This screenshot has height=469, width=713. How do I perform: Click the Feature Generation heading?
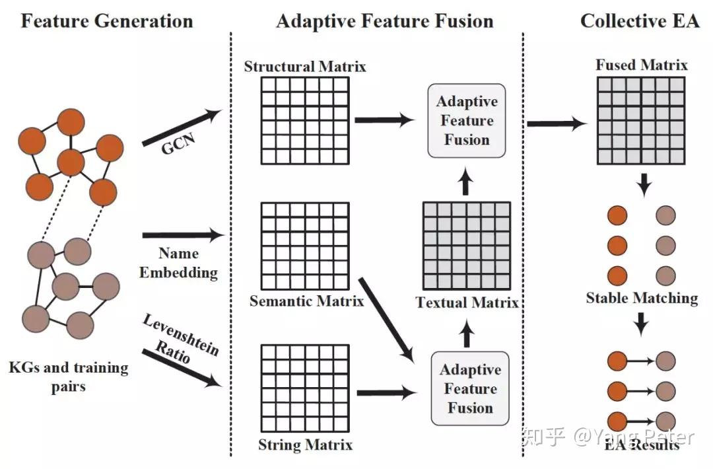pyautogui.click(x=107, y=20)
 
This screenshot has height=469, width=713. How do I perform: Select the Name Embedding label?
pyautogui.click(x=178, y=263)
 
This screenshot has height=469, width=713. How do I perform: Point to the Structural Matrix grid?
pyautogui.click(x=304, y=121)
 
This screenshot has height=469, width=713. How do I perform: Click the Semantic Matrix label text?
pyautogui.click(x=306, y=302)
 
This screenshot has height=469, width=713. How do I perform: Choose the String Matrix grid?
pyautogui.click(x=304, y=390)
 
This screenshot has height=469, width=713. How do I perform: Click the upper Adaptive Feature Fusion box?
pyautogui.click(x=467, y=121)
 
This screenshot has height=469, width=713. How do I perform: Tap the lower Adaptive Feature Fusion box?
pyautogui.click(x=470, y=389)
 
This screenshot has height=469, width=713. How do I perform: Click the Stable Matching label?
pyautogui.click(x=642, y=298)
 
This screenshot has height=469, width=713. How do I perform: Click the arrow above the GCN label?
pyautogui.click(x=181, y=127)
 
